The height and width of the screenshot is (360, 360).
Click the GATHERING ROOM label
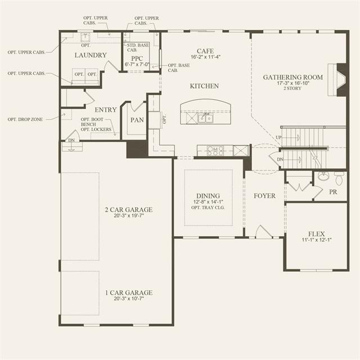click(x=292, y=78)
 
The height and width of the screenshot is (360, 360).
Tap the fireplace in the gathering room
click(x=337, y=80)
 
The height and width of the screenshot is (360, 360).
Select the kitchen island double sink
click(x=205, y=119)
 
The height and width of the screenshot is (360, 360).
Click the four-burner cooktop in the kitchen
click(x=215, y=151)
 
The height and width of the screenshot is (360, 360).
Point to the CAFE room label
click(x=205, y=51)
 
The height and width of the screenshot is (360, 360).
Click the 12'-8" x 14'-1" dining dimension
click(x=208, y=202)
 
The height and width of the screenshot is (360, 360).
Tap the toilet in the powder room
click(x=340, y=178)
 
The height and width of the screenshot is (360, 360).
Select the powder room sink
click(x=323, y=176)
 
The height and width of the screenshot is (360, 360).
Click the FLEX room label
click(x=316, y=234)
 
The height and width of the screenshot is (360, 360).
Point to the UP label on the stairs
click(x=278, y=137)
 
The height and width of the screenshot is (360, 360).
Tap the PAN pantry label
click(x=137, y=120)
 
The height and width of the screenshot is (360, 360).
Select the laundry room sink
click(x=85, y=37)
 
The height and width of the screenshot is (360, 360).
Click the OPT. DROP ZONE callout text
click(x=25, y=119)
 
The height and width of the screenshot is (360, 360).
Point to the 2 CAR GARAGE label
click(x=129, y=210)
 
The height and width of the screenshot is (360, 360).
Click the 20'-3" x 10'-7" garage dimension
click(x=129, y=299)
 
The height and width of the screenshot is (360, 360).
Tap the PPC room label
click(x=137, y=58)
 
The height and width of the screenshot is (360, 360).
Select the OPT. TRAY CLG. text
click(x=208, y=208)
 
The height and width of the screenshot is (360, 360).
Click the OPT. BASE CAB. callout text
click(x=179, y=67)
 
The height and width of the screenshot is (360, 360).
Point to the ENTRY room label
click(x=106, y=110)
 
